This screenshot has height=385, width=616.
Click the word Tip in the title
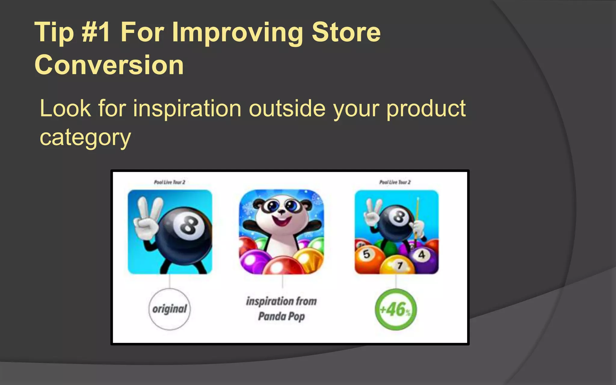pos(54,32)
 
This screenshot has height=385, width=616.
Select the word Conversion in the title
pos(109,65)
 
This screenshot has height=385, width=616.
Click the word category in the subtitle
pos(85,138)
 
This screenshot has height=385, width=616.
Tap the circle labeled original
pos(169,309)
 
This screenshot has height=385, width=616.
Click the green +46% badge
pos(396,309)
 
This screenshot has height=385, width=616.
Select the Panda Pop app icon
pos(281,232)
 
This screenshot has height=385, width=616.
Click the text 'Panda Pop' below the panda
pos(281,316)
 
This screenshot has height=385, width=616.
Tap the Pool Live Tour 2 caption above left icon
pos(169,182)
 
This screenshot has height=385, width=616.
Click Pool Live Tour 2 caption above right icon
pos(395,182)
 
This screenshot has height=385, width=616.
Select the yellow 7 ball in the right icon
pos(399,266)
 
